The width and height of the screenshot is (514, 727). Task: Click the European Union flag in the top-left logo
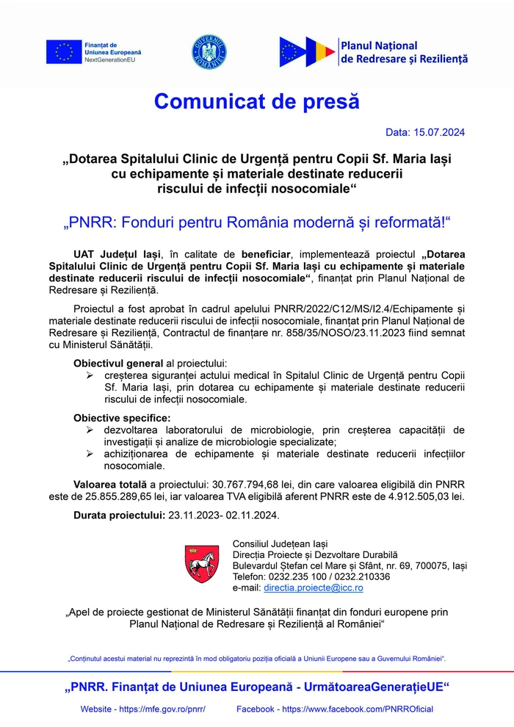tap(64, 52)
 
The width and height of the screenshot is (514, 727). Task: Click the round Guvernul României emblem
tap(209, 52)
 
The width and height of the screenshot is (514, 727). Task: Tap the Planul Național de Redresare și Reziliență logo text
tap(404, 52)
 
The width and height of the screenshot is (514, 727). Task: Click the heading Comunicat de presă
tap(257, 101)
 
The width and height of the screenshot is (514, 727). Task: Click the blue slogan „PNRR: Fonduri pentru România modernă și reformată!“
tap(257, 221)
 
